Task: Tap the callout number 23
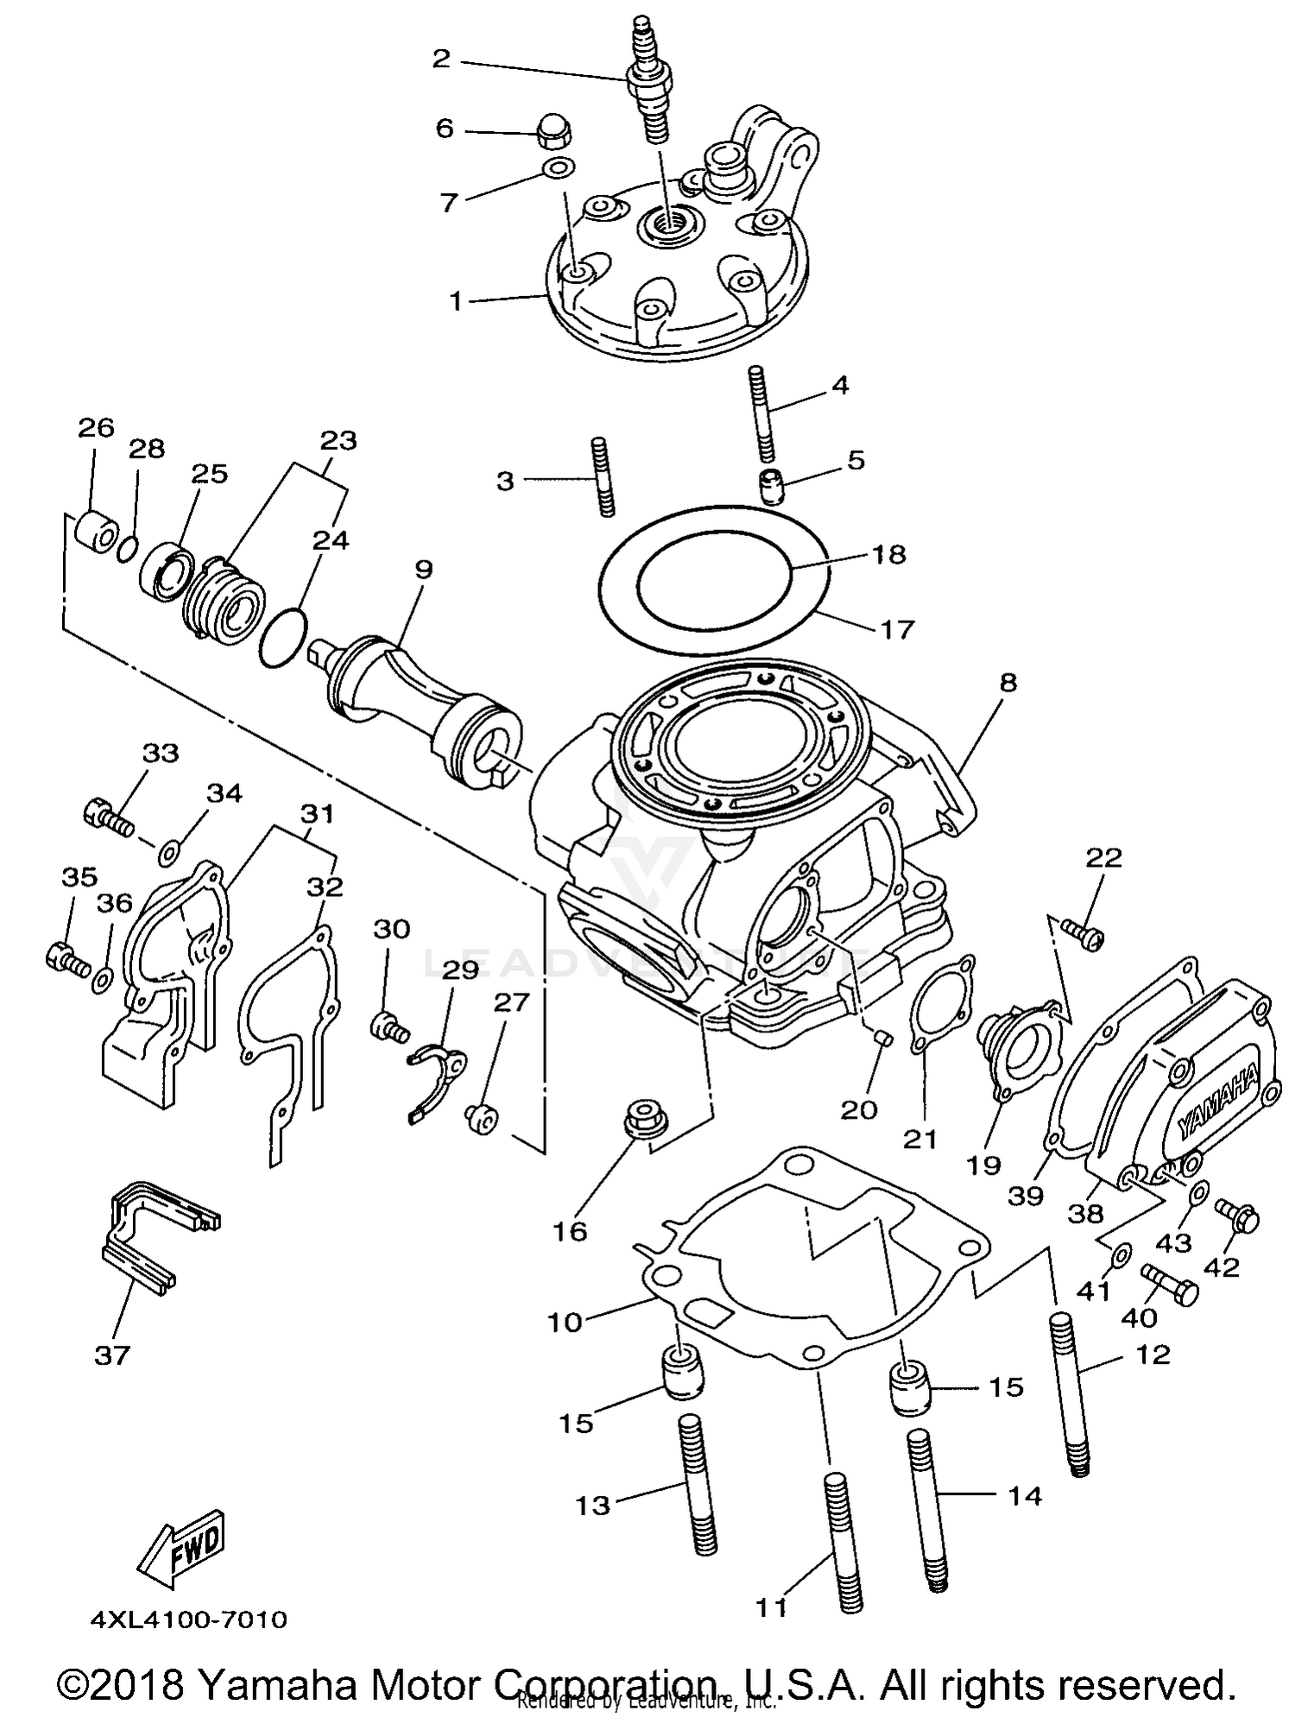pos(338,441)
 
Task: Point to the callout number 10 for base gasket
pos(565,1322)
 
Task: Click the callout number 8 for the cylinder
pos(1008,683)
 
